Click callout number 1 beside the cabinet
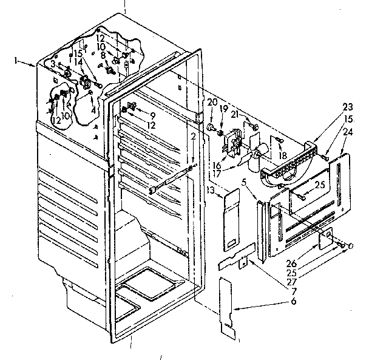pyautogui.click(x=16, y=61)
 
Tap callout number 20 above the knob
pyautogui.click(x=212, y=103)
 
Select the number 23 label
pyautogui.click(x=348, y=107)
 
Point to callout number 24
pyautogui.click(x=348, y=132)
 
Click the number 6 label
pyautogui.click(x=294, y=301)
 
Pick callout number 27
pyautogui.click(x=291, y=282)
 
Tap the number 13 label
pyautogui.click(x=211, y=189)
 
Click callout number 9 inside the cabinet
pyautogui.click(x=153, y=115)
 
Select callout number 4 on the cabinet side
pyautogui.click(x=93, y=110)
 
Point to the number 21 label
pyautogui.click(x=235, y=115)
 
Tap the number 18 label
pyautogui.click(x=283, y=155)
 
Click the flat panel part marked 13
pyautogui.click(x=232, y=221)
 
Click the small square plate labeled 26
pyautogui.click(x=326, y=238)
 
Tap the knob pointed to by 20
pyautogui.click(x=211, y=127)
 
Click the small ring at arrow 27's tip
pyautogui.click(x=350, y=246)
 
